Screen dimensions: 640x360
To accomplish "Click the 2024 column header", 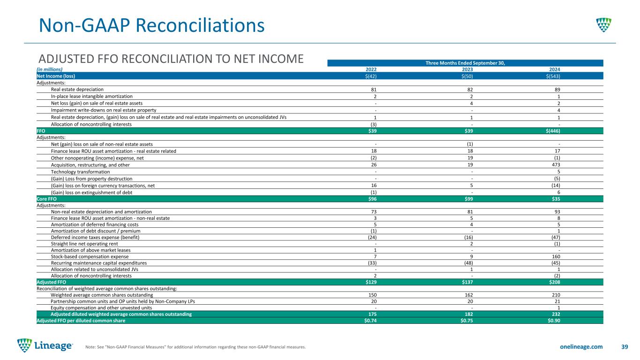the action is pyautogui.click(x=555, y=69).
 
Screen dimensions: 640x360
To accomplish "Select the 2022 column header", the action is pyautogui.click(x=371, y=69).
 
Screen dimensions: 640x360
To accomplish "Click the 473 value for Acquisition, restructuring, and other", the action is pyautogui.click(x=556, y=165).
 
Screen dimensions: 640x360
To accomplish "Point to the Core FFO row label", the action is pyautogui.click(x=46, y=199).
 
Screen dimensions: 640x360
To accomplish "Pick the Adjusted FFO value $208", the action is pyautogui.click(x=554, y=282).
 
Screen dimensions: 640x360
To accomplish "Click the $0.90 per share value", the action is pyautogui.click(x=554, y=321).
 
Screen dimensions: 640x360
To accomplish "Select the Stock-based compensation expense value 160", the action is pyautogui.click(x=556, y=256).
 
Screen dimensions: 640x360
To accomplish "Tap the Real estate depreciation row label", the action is pyautogui.click(x=77, y=90).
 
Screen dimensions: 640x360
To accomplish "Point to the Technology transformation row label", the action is pyautogui.click(x=80, y=172).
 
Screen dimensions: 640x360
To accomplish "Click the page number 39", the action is pyautogui.click(x=625, y=347).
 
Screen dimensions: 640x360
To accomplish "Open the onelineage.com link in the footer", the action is pyautogui.click(x=581, y=347).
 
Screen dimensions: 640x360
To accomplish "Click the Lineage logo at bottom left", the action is pyautogui.click(x=45, y=345).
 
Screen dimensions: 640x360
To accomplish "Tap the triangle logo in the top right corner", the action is pyautogui.click(x=604, y=25).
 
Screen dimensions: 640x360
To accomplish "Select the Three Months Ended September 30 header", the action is pyautogui.click(x=465, y=63).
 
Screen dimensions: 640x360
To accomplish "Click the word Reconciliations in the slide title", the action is pyautogui.click(x=200, y=25).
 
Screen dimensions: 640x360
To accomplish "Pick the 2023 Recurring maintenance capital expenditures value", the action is pyautogui.click(x=468, y=263).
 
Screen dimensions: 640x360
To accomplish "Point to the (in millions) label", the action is pyautogui.click(x=49, y=69).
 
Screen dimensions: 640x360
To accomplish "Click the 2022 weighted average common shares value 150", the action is pyautogui.click(x=373, y=295).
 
